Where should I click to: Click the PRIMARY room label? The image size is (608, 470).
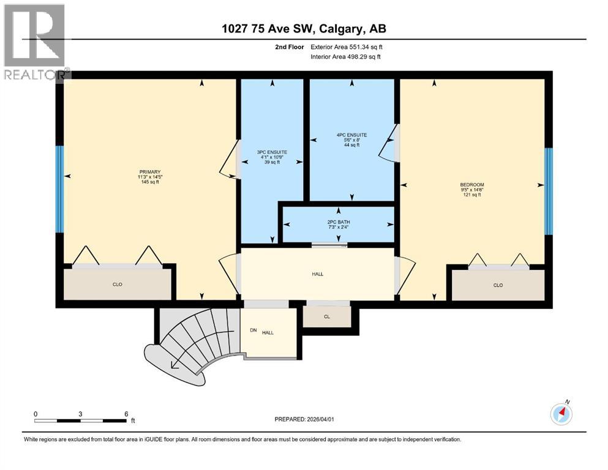(149, 172)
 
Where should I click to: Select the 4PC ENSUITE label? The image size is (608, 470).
(351, 135)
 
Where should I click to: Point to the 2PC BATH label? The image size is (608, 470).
(338, 222)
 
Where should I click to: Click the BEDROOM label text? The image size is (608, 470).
(472, 185)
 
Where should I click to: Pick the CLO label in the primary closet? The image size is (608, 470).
(118, 285)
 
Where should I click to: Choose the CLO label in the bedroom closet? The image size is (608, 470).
(498, 285)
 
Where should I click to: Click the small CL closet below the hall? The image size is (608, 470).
(328, 316)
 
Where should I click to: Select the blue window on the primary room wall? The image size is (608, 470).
(59, 189)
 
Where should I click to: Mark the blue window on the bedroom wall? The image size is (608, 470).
(549, 191)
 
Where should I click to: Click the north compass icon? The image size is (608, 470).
(561, 414)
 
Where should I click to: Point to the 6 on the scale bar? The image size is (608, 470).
(126, 414)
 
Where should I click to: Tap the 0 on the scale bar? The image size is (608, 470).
(36, 414)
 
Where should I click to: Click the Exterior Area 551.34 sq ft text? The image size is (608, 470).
(342, 47)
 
